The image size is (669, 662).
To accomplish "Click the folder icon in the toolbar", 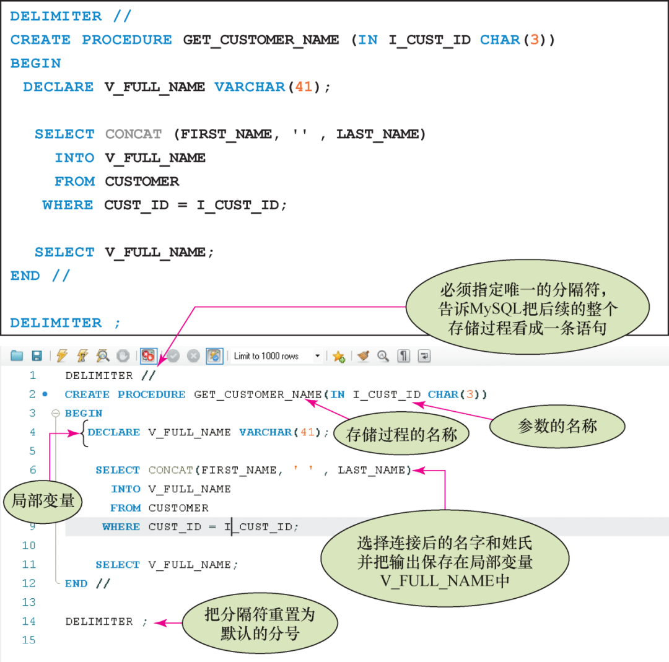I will (x=17, y=356).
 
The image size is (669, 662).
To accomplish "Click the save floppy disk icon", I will (x=37, y=356).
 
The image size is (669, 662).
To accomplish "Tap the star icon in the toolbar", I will (x=338, y=356).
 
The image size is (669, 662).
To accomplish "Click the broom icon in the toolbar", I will (x=363, y=356).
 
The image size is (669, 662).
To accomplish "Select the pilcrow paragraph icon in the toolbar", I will (x=403, y=356).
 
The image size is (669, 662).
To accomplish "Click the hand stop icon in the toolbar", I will (x=123, y=356).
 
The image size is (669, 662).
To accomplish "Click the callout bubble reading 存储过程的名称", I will (x=401, y=435).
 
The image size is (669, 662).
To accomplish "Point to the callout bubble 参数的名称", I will (x=557, y=426).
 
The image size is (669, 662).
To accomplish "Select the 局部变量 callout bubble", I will (x=43, y=500).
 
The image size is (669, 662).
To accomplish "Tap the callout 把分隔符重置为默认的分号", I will (x=260, y=624).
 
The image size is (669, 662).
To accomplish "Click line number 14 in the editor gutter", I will (x=29, y=621).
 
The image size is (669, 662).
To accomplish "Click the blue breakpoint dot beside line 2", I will (x=45, y=394).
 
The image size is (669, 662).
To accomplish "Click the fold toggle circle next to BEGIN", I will (x=55, y=413).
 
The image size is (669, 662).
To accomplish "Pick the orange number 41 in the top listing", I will (x=304, y=87).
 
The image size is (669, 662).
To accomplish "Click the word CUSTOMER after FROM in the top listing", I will (x=142, y=181).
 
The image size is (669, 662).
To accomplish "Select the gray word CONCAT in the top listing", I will (x=133, y=134).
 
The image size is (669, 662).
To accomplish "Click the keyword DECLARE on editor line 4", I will (x=114, y=432).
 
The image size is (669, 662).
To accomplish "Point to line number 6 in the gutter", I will (x=33, y=470).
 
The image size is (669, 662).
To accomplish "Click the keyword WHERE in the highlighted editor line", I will (x=121, y=527).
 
